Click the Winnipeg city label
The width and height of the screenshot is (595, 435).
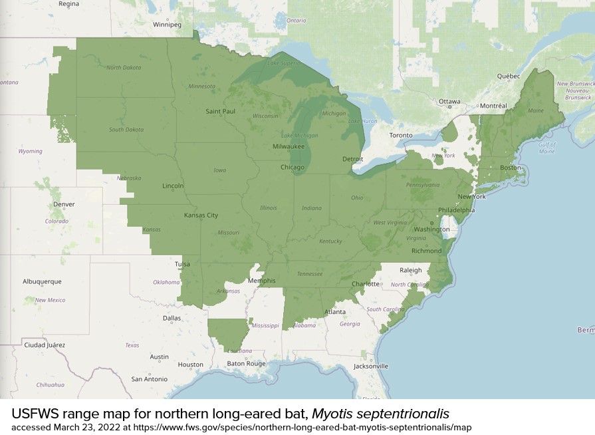pyautogui.click(x=167, y=25)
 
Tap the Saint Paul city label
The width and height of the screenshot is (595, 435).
pyautogui.click(x=220, y=111)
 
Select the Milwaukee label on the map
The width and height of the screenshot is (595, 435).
pyautogui.click(x=288, y=146)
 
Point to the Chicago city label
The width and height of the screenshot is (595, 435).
pyautogui.click(x=293, y=167)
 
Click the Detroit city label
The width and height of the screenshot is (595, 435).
pyautogui.click(x=352, y=159)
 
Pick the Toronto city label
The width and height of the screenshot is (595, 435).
pyautogui.click(x=401, y=135)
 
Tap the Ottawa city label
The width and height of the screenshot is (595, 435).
pyautogui.click(x=449, y=102)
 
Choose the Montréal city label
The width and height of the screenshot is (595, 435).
pyautogui.click(x=493, y=106)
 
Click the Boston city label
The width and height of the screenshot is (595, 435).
pyautogui.click(x=511, y=168)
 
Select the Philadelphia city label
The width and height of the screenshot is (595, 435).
pyautogui.click(x=457, y=210)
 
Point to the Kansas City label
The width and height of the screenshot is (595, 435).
pyautogui.click(x=201, y=216)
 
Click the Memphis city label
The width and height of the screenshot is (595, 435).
pyautogui.click(x=261, y=281)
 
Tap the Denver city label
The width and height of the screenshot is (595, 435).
pyautogui.click(x=64, y=204)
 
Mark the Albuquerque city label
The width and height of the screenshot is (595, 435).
pyautogui.click(x=42, y=281)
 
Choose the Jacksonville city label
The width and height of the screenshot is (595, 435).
pyautogui.click(x=371, y=366)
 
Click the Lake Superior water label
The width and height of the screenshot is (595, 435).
pyautogui.click(x=284, y=63)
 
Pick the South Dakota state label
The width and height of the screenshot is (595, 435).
pyautogui.click(x=126, y=129)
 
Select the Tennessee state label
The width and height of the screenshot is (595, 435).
pyautogui.click(x=309, y=274)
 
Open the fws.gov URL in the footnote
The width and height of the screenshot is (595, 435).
pyautogui.click(x=302, y=427)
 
